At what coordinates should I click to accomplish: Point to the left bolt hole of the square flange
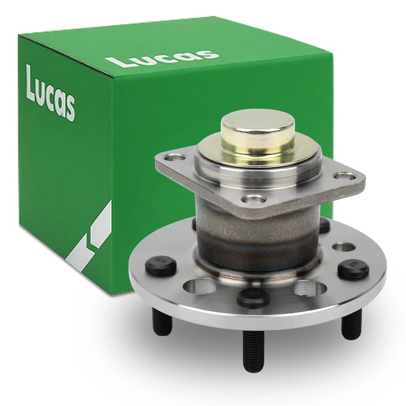pyautogui.click(x=176, y=158)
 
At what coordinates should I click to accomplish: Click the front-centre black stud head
pyautogui.click(x=253, y=297)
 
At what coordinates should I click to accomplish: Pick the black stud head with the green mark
pyautogui.click(x=353, y=269)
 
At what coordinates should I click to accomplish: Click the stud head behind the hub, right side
pyautogui.click(x=324, y=225)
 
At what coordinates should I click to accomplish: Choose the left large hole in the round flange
pyautogui.click(x=198, y=286)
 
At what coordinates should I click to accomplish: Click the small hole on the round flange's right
pyautogui.click(x=343, y=247)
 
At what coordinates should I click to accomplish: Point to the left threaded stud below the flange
pyautogui.click(x=162, y=322)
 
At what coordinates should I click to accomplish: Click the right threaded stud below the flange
pyautogui.click(x=351, y=324)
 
